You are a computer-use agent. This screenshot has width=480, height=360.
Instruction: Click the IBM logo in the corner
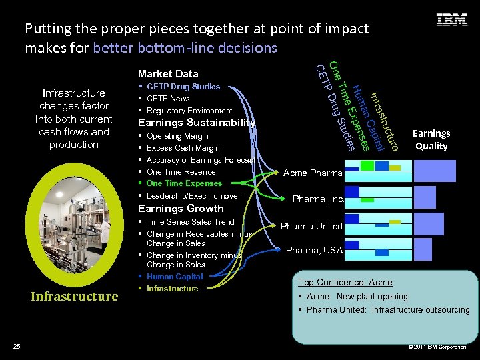451,20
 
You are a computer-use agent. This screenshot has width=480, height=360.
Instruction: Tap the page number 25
17,346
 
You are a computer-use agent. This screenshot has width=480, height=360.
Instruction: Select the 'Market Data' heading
168,73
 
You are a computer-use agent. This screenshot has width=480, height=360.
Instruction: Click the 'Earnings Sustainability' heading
196,123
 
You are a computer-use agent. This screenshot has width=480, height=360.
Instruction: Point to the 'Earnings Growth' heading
181,209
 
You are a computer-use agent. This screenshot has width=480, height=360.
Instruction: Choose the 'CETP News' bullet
168,99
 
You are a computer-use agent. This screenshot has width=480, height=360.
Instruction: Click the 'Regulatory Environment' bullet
189,111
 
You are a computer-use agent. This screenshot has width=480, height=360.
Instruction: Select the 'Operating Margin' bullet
177,136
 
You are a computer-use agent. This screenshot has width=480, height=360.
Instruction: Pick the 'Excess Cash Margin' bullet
183,148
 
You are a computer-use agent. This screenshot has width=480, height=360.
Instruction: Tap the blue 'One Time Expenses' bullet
184,183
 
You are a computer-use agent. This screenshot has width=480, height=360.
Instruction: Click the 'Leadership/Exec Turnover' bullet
193,196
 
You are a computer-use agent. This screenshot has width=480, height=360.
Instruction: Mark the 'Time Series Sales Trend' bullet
190,222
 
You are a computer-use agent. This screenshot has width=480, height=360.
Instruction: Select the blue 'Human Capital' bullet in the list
175,277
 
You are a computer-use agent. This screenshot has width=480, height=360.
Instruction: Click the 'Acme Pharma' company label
313,173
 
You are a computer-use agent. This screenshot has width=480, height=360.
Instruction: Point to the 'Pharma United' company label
311,227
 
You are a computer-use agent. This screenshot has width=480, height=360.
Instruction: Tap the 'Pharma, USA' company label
314,251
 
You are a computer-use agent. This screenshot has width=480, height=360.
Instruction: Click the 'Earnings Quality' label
431,140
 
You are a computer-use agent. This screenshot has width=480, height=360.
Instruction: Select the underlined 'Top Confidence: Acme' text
345,283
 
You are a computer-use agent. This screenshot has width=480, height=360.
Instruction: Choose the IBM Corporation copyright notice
437,347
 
